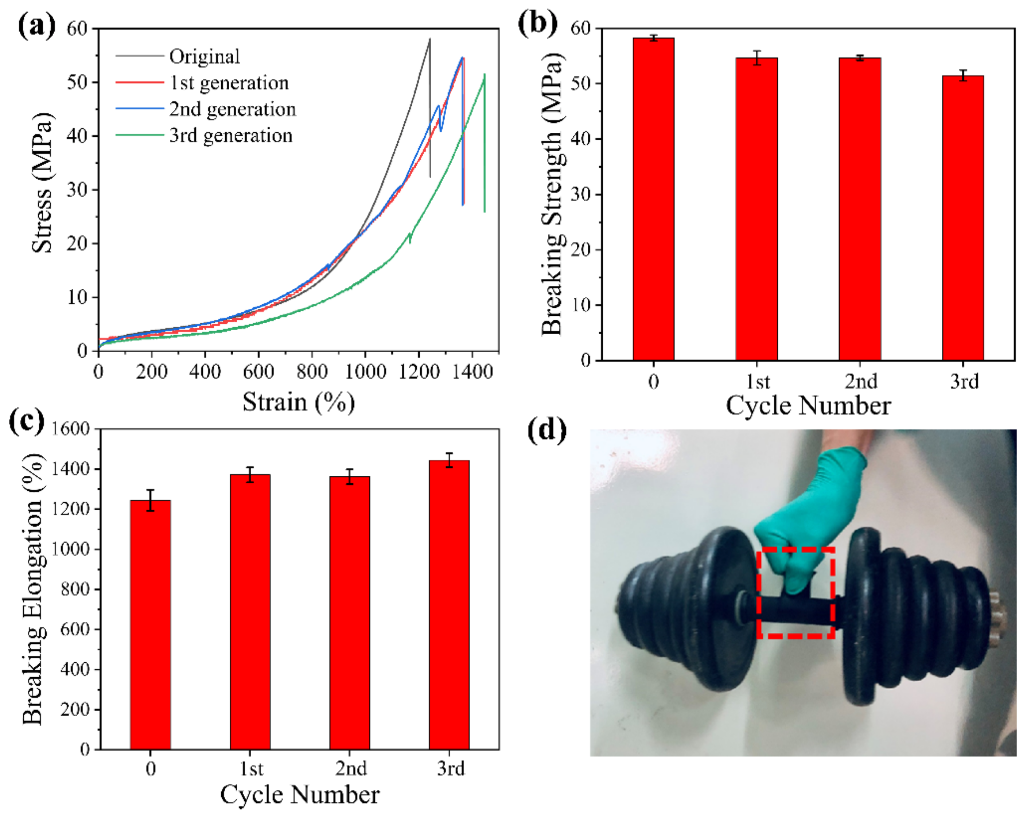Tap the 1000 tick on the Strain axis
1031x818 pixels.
[x=365, y=372]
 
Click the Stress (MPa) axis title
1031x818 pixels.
[x=42, y=183]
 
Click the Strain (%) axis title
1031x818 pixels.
[x=298, y=402]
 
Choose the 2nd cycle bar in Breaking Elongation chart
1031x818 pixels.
[x=350, y=612]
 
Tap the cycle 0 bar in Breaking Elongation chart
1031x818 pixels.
[x=150, y=624]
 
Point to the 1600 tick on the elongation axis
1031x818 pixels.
[x=71, y=429]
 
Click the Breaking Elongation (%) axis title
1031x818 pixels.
[x=34, y=589]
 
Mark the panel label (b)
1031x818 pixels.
[x=537, y=23]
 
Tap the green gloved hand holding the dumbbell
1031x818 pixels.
[x=813, y=516]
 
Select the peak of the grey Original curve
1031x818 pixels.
[x=429, y=40]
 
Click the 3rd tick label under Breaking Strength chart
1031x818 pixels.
[x=964, y=382]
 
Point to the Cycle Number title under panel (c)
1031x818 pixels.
[x=299, y=795]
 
